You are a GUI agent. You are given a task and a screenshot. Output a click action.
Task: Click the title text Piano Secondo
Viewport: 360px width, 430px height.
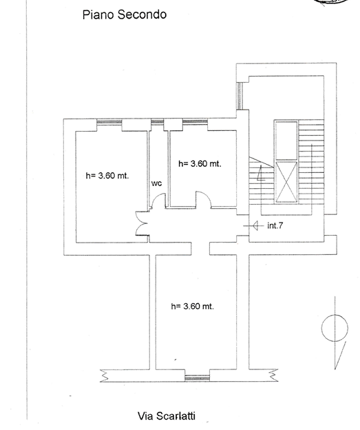125,14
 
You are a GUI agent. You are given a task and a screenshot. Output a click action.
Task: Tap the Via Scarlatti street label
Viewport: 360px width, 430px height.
167,416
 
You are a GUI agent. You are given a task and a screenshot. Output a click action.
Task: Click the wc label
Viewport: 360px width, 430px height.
156,183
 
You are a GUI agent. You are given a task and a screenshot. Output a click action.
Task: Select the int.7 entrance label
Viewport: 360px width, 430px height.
275,225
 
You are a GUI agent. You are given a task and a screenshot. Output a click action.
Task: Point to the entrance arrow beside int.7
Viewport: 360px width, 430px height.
253,226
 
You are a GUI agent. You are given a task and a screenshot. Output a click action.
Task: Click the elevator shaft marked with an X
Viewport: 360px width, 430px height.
286,182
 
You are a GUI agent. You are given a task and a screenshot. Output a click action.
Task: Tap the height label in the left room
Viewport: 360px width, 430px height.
107,176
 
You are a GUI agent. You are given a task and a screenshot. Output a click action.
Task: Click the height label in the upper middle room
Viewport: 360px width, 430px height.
200,164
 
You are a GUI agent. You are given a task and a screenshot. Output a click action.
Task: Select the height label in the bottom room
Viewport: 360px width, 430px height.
192,306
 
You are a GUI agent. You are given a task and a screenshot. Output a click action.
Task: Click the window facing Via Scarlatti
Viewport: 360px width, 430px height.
198,378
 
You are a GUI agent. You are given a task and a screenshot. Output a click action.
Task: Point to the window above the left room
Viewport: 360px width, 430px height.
109,121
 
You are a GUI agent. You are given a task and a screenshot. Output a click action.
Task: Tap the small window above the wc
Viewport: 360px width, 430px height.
157,121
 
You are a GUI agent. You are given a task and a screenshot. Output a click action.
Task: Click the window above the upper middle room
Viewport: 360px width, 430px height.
195,121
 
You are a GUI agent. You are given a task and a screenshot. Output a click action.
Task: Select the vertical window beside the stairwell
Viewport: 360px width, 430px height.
240,96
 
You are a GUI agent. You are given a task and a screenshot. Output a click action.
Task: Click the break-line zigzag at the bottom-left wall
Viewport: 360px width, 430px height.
104,376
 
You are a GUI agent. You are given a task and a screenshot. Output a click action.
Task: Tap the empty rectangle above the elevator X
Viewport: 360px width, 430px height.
286,141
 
